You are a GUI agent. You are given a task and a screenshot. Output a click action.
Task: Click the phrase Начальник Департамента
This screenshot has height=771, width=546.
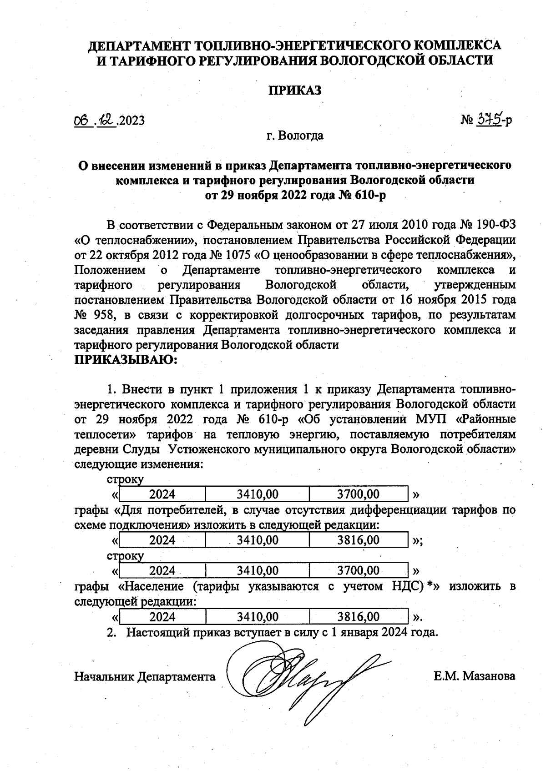[x=145, y=676]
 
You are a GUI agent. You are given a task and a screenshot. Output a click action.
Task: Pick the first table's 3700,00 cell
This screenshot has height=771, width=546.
[x=358, y=494]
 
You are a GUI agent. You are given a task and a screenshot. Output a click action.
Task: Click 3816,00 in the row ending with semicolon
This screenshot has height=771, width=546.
[x=358, y=540]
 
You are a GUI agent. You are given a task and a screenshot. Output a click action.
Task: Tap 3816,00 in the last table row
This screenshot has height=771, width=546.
[x=358, y=617]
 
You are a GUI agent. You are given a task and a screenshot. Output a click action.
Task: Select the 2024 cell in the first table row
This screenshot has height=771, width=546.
[x=162, y=494]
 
